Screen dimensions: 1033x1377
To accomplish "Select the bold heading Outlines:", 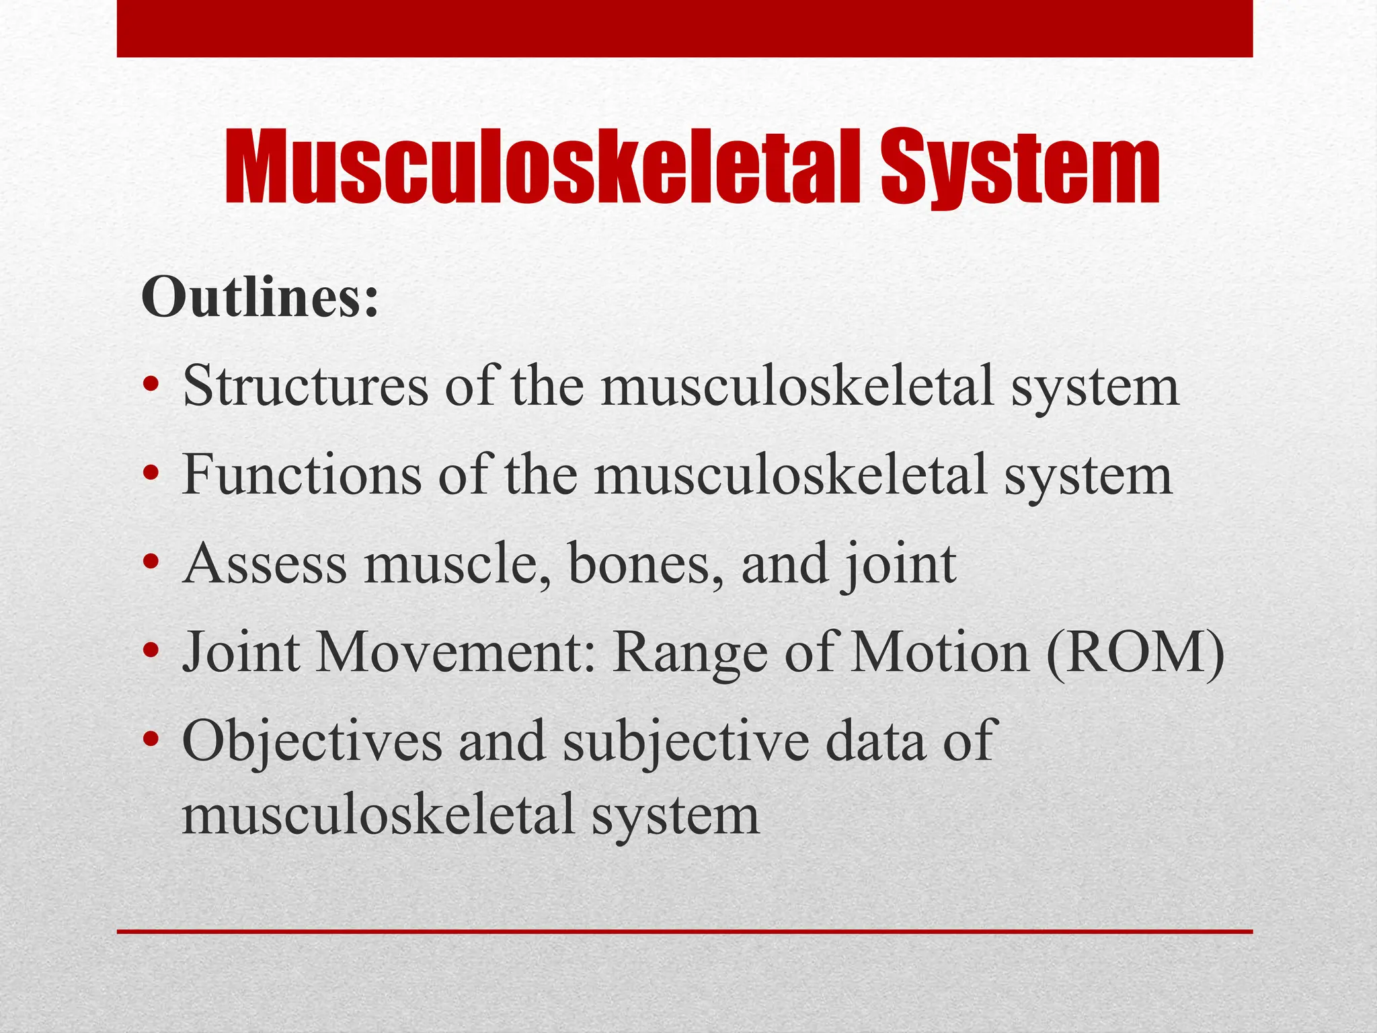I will pos(260,298).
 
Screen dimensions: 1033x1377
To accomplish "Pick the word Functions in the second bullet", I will pos(302,475).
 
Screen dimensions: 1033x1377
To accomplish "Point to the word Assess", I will pos(265,564).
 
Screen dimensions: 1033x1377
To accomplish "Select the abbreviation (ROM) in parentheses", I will pos(1136,653).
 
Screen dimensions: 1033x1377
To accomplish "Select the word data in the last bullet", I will pos(875,740).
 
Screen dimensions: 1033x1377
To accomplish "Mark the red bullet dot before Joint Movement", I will pos(151,652).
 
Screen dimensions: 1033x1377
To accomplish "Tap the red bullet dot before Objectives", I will pos(151,740).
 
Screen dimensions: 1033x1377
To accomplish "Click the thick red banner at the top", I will pos(684,28).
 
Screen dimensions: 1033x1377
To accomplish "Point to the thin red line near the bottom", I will pos(684,931).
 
